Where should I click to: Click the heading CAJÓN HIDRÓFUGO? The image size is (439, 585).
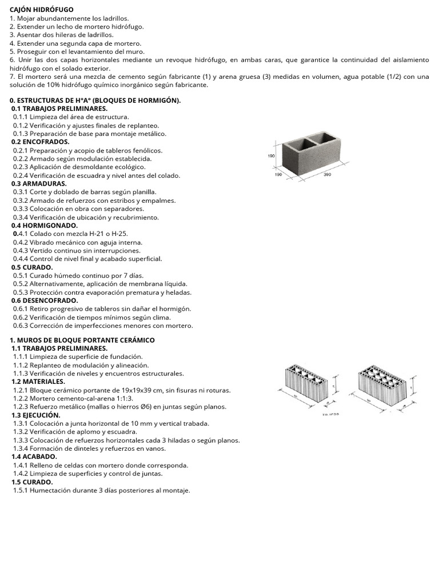42,10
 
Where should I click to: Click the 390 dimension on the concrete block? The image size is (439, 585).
328,174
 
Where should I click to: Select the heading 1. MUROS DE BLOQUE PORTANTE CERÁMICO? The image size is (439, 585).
82,339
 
